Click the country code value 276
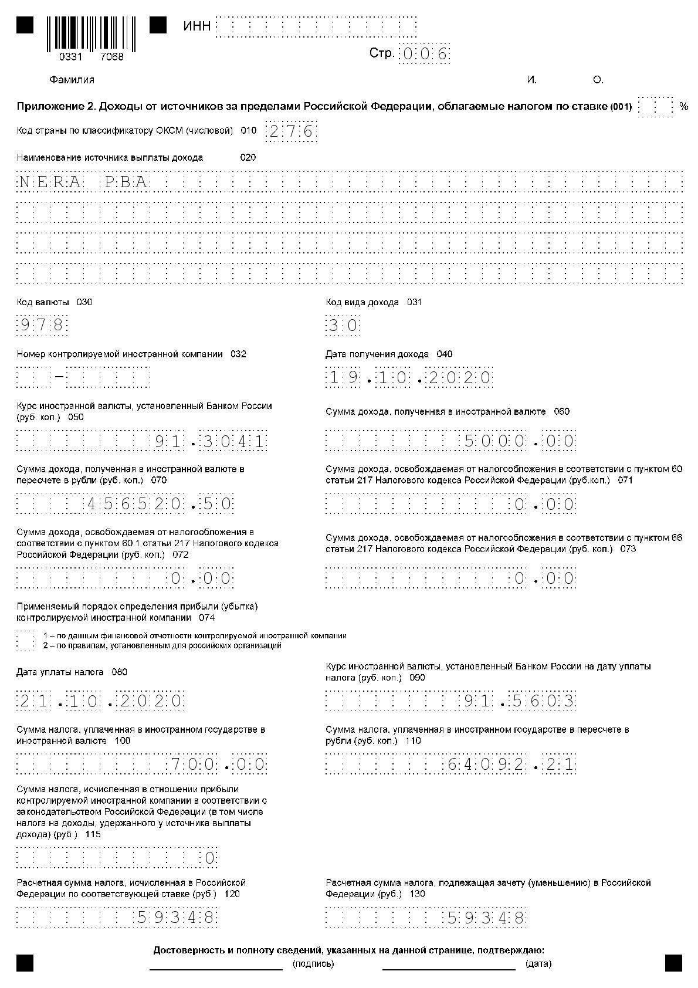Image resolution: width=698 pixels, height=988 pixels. (x=291, y=131)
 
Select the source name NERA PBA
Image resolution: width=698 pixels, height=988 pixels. (x=83, y=182)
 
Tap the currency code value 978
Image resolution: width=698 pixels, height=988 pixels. (x=42, y=325)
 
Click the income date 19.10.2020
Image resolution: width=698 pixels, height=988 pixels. (x=409, y=377)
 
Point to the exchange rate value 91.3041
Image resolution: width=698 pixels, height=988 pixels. (x=210, y=441)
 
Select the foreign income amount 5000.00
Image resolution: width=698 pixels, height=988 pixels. (x=519, y=441)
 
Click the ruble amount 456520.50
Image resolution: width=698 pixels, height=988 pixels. (x=160, y=504)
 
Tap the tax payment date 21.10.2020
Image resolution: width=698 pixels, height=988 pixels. (x=100, y=701)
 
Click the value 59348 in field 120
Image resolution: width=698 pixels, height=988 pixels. (x=176, y=917)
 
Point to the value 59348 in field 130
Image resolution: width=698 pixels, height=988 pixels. (x=486, y=917)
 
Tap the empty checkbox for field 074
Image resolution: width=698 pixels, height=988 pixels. (x=25, y=641)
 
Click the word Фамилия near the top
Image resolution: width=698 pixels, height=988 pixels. (x=72, y=80)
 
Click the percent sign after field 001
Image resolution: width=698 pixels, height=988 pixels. (x=683, y=106)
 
